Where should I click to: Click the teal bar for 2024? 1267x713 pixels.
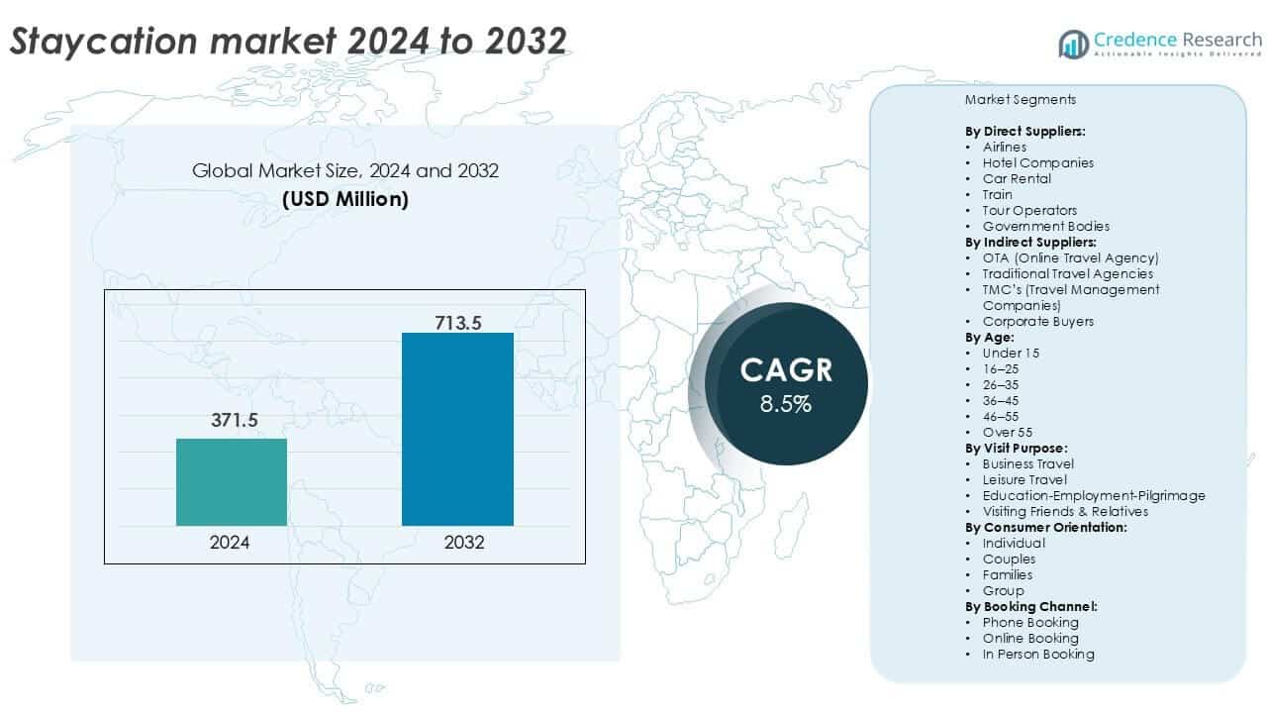point(232,482)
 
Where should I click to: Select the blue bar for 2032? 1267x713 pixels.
point(457,429)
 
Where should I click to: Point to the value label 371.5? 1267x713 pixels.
point(234,421)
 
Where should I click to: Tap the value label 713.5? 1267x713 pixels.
point(458,322)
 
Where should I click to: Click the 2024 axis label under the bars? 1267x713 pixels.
point(230,543)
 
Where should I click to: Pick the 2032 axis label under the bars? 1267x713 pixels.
point(457,543)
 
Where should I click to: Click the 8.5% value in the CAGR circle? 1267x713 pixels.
point(786,404)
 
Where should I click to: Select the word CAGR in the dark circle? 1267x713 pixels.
point(786,370)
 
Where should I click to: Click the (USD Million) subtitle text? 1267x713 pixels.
point(344,198)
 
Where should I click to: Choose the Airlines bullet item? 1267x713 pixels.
point(1005,147)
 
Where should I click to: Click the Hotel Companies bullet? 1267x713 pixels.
point(1037,162)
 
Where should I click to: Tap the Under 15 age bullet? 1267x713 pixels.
point(1011,353)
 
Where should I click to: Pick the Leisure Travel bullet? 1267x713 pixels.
point(1024,479)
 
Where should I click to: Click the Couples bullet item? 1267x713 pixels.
point(1009,559)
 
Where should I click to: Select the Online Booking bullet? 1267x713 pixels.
point(1030,638)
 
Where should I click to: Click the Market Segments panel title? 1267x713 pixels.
point(1020,100)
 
